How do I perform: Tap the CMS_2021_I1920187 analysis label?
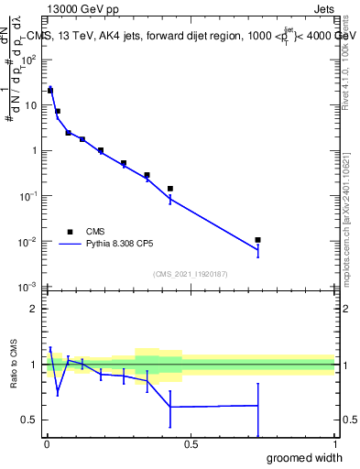point(190,274)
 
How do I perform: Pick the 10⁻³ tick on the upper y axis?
point(28,288)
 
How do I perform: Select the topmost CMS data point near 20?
point(50,91)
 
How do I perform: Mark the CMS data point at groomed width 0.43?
point(170,189)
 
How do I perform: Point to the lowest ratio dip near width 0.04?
point(58,393)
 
